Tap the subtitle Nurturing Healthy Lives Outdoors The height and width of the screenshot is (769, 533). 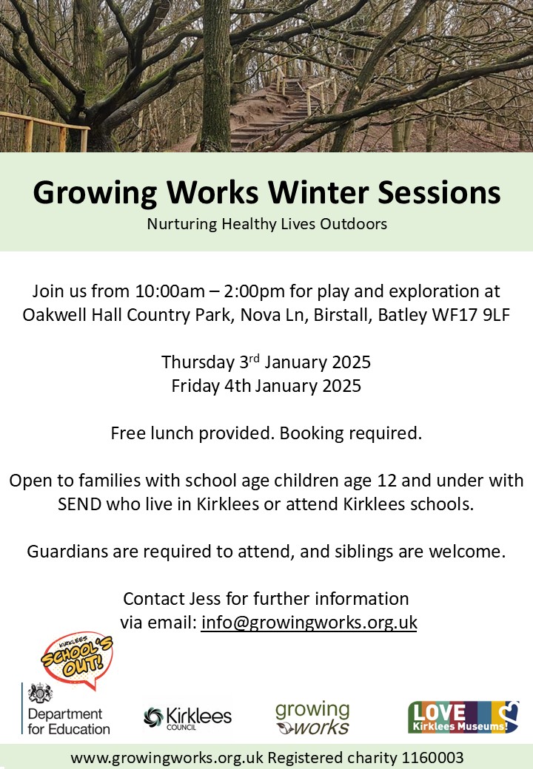267,224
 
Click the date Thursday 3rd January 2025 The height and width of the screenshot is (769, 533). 266,362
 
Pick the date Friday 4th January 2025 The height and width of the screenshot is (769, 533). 266,385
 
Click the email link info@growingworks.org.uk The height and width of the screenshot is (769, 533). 309,623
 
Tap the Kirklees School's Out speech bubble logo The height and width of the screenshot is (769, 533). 77,659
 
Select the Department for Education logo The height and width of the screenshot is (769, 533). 66,709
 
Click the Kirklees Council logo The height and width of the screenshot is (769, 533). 187,719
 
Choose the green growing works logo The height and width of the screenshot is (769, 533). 312,719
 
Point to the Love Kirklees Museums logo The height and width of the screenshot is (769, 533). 463,717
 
